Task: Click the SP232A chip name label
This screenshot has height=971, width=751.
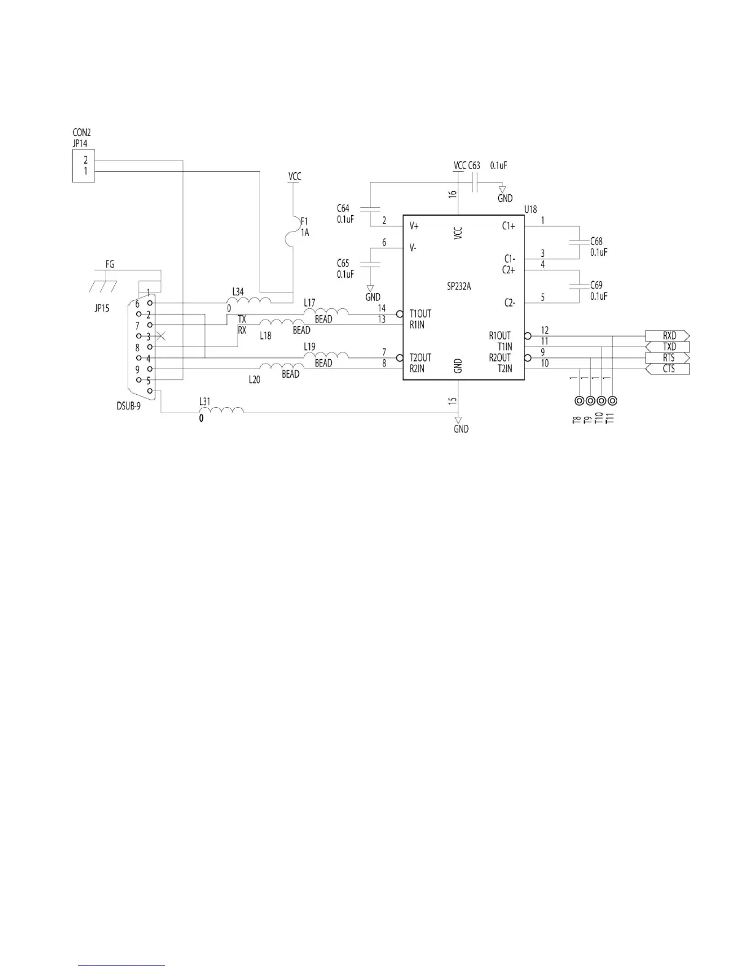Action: pos(459,286)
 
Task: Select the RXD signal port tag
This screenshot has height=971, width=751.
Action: pos(667,336)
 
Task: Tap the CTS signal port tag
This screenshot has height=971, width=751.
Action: pos(667,369)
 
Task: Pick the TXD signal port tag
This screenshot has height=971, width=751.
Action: pos(667,347)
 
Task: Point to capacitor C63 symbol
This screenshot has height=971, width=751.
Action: pos(476,182)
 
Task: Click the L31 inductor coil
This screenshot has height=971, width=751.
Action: pos(225,410)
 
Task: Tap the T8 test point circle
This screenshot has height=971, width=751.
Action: pos(579,401)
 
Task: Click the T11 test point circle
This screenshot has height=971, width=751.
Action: pos(612,401)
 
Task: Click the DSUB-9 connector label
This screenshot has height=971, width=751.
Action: pos(128,406)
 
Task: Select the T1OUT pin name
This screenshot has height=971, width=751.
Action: pos(420,314)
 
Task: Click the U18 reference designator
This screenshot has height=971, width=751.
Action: pos(530,210)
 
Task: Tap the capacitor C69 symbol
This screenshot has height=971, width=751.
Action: pos(578,285)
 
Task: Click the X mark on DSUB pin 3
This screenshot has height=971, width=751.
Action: pos(161,336)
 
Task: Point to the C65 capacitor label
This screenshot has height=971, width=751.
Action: pos(343,263)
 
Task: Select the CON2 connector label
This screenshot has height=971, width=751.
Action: pos(82,132)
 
